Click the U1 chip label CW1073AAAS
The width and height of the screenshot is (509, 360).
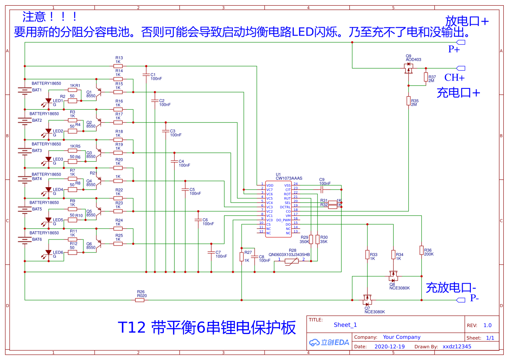[289, 178]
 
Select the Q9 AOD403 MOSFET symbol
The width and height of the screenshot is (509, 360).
[408, 68]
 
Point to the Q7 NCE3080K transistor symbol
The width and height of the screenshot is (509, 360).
[367, 299]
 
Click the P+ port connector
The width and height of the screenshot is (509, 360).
[460, 42]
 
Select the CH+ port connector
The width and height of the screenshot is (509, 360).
[460, 68]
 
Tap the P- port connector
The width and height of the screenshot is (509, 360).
[460, 300]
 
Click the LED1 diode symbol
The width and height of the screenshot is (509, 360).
[48, 102]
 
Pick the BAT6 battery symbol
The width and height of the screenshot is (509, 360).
[23, 239]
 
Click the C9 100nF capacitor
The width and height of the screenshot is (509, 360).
[323, 189]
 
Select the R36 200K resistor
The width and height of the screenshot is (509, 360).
[421, 250]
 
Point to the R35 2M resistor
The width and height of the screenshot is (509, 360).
[408, 101]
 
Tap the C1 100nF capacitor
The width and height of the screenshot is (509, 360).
[146, 75]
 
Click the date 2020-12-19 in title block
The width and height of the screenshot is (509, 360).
[389, 347]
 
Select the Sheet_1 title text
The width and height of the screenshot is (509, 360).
[345, 325]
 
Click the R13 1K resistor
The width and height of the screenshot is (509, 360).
[118, 66]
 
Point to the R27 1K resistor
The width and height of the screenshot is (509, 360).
[241, 256]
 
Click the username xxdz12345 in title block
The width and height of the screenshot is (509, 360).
[457, 347]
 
